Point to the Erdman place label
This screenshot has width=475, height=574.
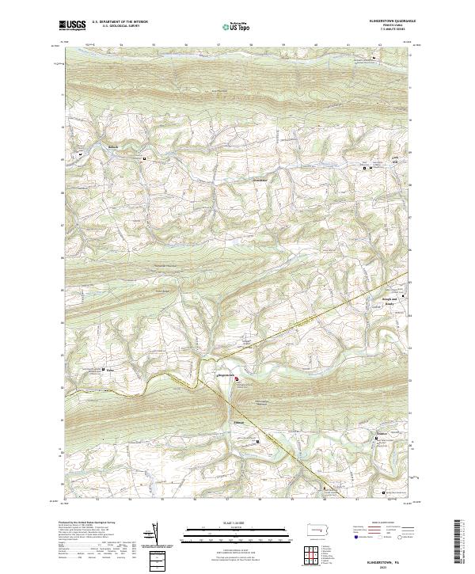pyautogui.click(x=240, y=421)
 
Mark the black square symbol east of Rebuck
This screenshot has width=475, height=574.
pyautogui.click(x=145, y=158)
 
